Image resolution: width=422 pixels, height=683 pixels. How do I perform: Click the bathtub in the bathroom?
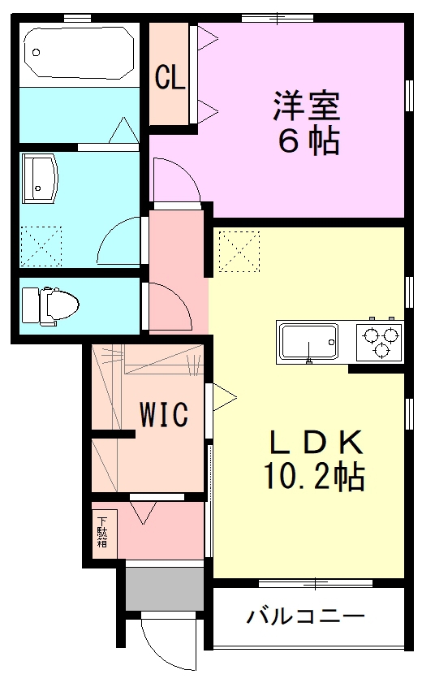[x=79, y=53]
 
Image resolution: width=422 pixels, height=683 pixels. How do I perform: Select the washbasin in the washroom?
[x=40, y=178]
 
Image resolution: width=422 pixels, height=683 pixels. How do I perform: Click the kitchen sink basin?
[x=308, y=341]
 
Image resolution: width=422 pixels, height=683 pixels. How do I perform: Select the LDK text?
[x=316, y=442]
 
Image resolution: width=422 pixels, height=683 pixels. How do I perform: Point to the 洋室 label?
[x=306, y=106]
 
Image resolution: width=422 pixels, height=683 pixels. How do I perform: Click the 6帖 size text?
[x=308, y=140]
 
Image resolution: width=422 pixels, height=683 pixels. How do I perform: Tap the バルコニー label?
[x=305, y=616]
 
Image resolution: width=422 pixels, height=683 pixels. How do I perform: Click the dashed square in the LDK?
[x=239, y=252]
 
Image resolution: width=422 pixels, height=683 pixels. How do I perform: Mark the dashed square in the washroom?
[x=41, y=246]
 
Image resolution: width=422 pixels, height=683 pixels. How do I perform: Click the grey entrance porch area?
[x=165, y=589]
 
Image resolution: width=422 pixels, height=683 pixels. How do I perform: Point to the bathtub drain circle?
[x=37, y=53]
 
